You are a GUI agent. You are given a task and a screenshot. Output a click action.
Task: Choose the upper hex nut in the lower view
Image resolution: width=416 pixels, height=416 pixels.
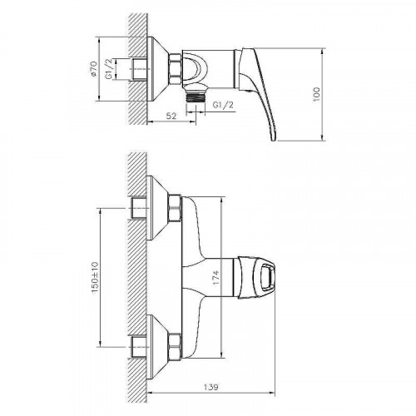pyautogui.click(x=175, y=209)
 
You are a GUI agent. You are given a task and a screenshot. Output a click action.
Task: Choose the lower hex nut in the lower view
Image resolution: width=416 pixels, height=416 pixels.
pyautogui.click(x=175, y=342)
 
